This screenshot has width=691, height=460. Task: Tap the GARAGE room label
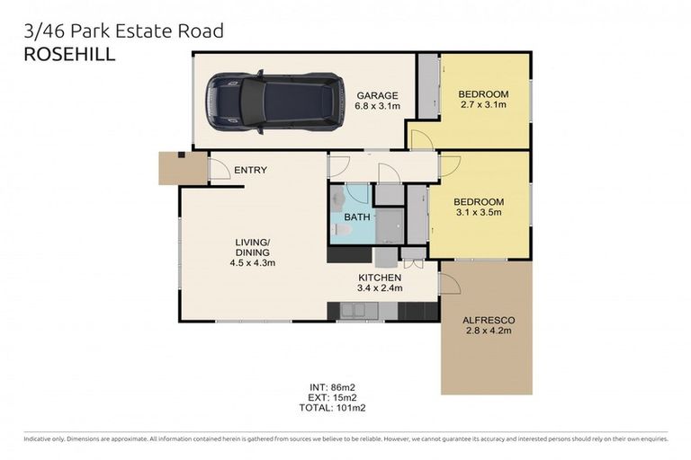[x=378, y=95]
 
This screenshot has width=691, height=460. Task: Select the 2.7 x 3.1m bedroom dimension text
[x=483, y=105]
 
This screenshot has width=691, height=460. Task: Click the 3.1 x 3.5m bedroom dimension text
[x=478, y=213]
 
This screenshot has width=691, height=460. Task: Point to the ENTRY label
[x=250, y=170]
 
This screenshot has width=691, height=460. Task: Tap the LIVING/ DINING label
[x=252, y=252]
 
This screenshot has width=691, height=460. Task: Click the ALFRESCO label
[x=487, y=320]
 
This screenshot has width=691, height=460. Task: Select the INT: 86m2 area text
[x=331, y=387]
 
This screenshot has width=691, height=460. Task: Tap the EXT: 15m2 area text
[x=331, y=397]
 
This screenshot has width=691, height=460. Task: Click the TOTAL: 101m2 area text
[x=331, y=408]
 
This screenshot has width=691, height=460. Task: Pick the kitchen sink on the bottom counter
[x=358, y=311]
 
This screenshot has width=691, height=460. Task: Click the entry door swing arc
[x=220, y=168]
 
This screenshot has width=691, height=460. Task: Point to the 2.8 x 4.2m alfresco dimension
[x=487, y=331]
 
